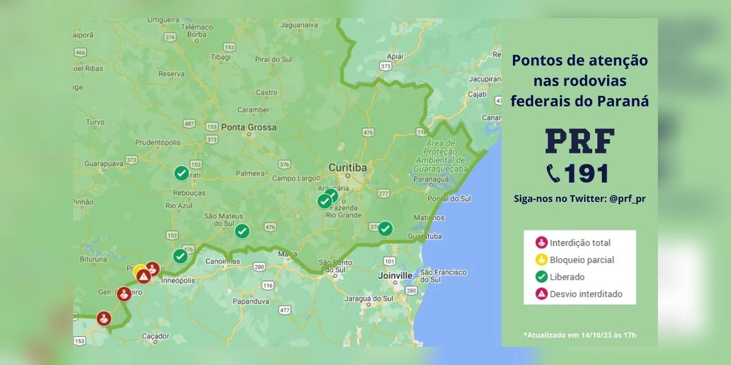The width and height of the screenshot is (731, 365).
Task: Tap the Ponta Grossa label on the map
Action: (248, 127)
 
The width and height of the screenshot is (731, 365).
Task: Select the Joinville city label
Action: (395, 275)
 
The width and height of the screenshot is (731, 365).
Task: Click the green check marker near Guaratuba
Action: (385, 229)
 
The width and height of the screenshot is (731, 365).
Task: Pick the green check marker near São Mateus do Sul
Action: (242, 231)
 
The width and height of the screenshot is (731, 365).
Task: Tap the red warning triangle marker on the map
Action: (143, 277)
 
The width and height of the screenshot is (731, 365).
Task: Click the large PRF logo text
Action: (580, 141)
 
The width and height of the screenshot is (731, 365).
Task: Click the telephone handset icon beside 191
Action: (553, 174)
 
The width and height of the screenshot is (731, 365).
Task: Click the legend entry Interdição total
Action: (580, 243)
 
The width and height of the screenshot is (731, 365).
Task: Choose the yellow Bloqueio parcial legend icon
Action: (541, 260)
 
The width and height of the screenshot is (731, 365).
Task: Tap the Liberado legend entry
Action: (567, 277)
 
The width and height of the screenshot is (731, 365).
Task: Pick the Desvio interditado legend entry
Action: (585, 294)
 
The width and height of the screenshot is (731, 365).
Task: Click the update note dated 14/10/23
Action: (579, 335)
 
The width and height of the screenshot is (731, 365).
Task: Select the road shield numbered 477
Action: (285, 310)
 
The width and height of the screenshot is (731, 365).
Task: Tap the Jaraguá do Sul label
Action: (367, 299)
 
